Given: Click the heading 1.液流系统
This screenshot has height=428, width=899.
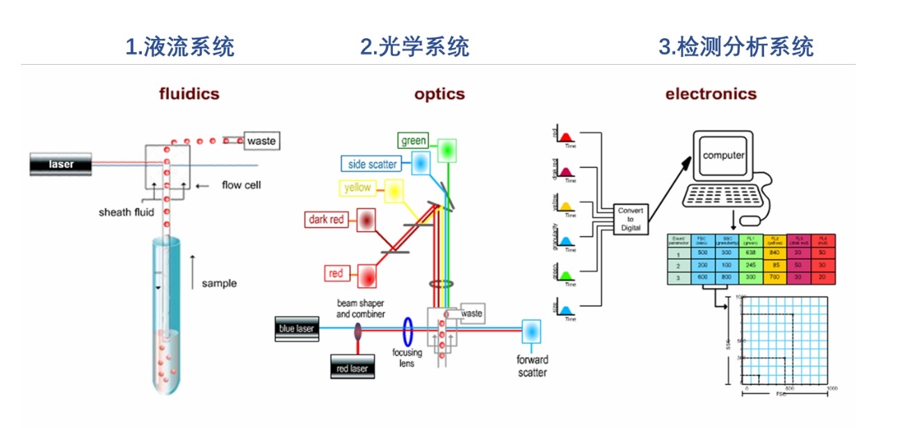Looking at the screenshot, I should coord(179,47).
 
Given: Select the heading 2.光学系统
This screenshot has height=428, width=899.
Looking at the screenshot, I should coord(414,47).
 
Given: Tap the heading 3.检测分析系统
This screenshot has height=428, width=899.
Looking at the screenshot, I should coord(736,47).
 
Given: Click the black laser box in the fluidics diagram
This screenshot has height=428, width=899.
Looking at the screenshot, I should coord(61,165).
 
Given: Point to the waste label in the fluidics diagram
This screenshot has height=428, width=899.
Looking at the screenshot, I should coord(261,141).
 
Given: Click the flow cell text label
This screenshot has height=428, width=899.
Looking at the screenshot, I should coord(241,185).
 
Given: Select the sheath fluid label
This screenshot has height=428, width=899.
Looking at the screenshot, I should coord(125,212).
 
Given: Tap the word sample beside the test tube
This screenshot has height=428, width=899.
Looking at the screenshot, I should coord(219,283).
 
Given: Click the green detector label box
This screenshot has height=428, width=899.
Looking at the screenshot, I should coord(413,141).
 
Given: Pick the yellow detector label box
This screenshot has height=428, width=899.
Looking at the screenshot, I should coord(357,188).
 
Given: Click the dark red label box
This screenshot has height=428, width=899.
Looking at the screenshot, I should coord(327,220).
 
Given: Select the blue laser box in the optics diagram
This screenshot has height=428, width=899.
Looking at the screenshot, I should coord(297,328).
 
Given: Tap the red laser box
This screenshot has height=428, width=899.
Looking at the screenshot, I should coord(353,368).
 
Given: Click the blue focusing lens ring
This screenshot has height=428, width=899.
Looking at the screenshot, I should coord(409,328).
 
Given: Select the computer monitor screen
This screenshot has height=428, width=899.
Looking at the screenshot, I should coord(724,156).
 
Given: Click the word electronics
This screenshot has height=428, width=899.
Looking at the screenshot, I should coord(711,94).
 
